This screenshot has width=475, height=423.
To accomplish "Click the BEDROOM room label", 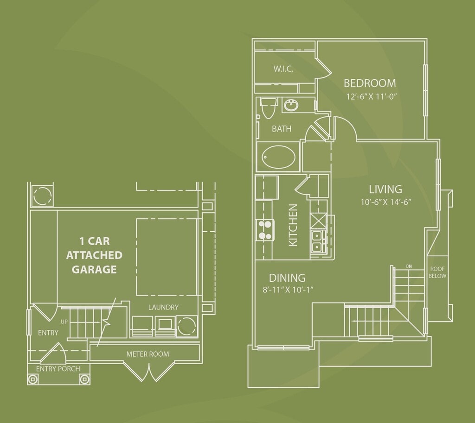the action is (370, 83).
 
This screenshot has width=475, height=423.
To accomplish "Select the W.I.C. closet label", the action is (283, 69).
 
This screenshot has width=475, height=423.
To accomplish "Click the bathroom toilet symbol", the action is (267, 108).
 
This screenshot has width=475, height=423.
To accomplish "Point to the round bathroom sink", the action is (291, 106).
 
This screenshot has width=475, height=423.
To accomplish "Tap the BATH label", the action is (282, 129).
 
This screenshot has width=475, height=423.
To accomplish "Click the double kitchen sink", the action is (318, 240).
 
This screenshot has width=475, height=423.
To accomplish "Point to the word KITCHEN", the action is (293, 225).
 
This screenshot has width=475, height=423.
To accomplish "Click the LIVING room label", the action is (385, 189).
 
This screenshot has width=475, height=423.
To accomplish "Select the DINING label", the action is (287, 278).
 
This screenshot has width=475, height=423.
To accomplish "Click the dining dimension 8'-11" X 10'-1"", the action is (289, 290).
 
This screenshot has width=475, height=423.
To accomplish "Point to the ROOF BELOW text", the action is (437, 272).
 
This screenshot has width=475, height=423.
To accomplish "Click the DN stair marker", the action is (409, 266).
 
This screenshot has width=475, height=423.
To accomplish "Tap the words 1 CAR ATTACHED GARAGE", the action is (94, 255).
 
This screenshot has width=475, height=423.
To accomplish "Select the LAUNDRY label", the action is (163, 307).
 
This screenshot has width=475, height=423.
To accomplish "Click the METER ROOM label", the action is (148, 354).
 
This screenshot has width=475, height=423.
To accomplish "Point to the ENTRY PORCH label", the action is (58, 369).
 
